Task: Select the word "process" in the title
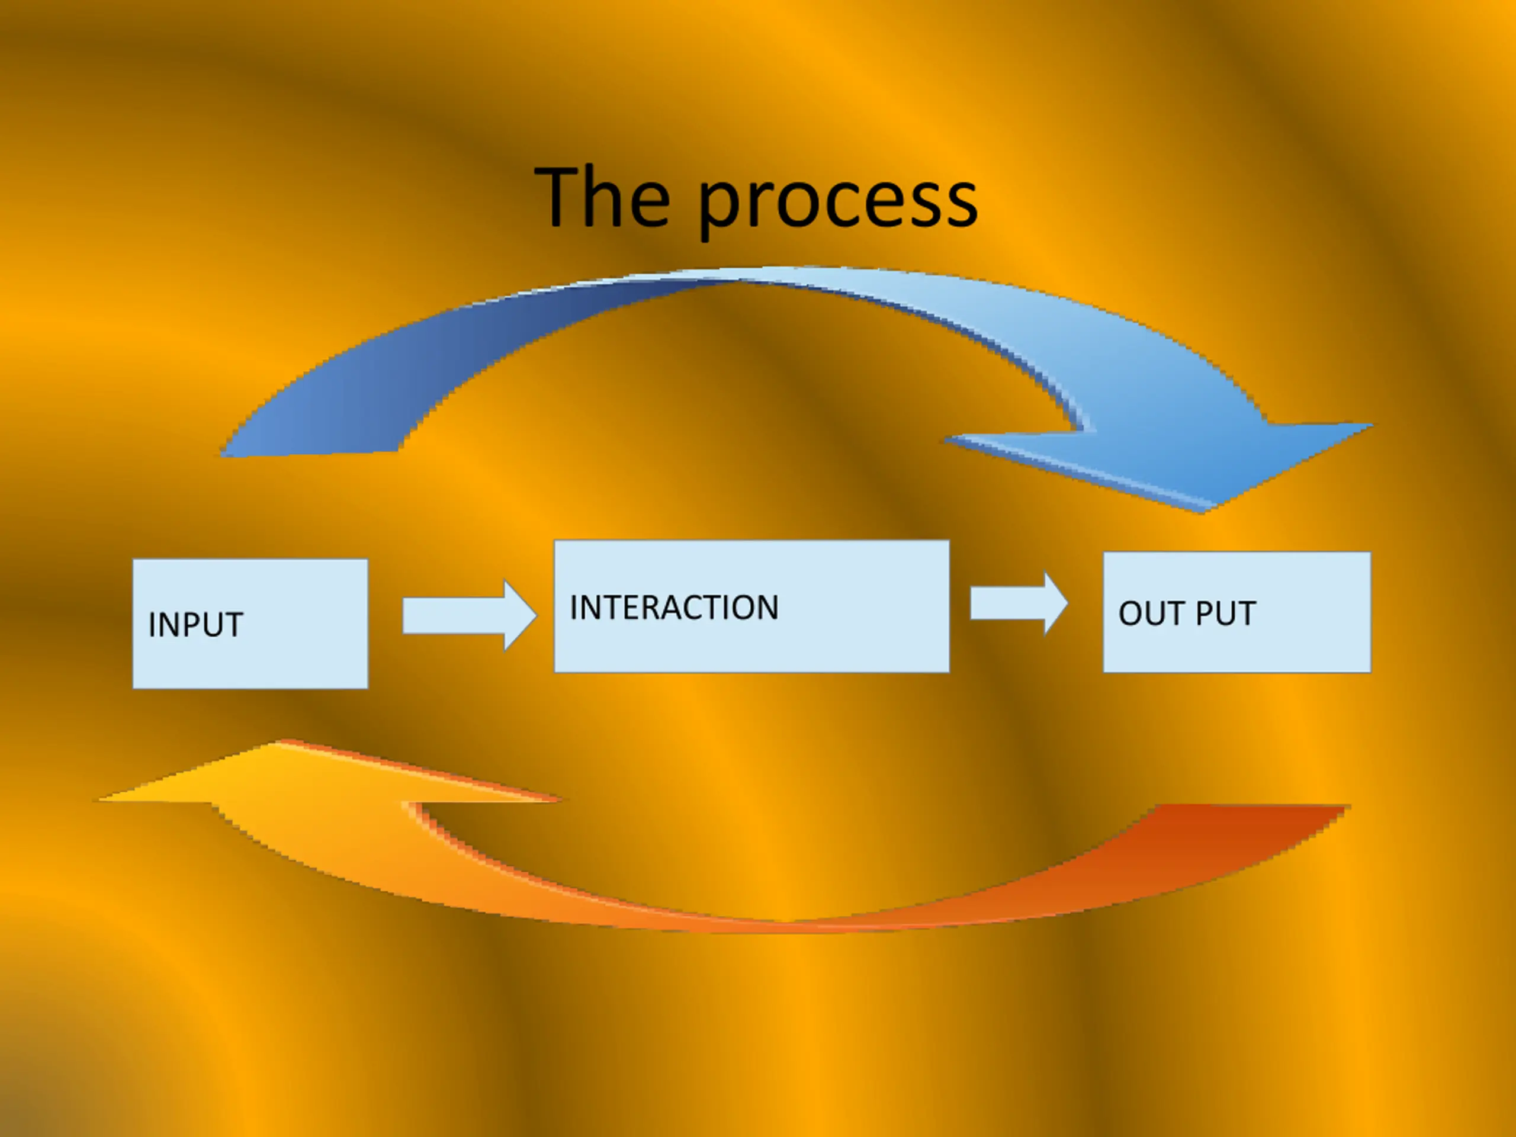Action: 837,202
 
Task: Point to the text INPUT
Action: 195,625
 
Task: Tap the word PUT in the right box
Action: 1225,614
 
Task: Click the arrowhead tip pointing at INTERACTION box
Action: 534,615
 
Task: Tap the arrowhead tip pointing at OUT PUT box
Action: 1066,604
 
